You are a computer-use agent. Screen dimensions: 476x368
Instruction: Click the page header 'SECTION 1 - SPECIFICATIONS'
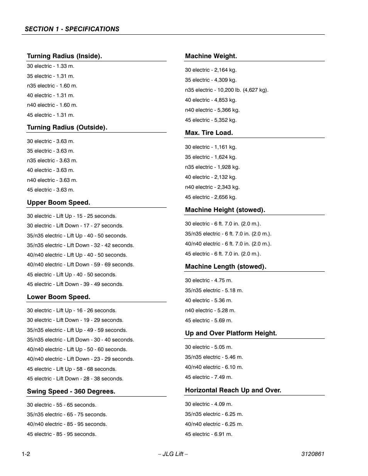pos(72,29)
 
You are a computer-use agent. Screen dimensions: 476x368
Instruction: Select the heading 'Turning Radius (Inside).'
pos(64,56)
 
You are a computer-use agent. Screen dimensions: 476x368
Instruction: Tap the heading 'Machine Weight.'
pos(211,56)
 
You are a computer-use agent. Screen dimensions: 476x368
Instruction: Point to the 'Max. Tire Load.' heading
pos(209,133)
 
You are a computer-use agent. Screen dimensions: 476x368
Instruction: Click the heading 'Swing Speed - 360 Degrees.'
pos(71,391)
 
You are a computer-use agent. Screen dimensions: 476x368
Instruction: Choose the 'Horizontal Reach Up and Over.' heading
pos(233,390)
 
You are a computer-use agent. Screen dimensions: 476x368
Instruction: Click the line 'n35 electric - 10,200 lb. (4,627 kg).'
pos(226,90)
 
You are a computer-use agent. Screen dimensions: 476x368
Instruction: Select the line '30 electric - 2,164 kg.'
pos(211,70)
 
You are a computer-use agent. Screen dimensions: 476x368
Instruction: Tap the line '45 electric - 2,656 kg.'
pos(211,197)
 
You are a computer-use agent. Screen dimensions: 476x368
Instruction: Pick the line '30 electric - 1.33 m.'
pos(51,66)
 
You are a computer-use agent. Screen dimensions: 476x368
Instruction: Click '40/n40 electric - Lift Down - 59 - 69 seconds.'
pos(80,264)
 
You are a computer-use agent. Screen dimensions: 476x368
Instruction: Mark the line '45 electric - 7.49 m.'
pos(208,377)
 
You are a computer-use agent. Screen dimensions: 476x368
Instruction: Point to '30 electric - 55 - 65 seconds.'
pos(62,405)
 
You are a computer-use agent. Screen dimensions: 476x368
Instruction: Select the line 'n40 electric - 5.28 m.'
pos(210,310)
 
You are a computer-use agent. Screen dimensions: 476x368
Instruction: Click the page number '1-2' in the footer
pos(26,454)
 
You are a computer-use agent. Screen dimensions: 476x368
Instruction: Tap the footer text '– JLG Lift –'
pos(173,454)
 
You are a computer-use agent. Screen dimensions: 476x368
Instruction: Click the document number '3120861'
pos(312,454)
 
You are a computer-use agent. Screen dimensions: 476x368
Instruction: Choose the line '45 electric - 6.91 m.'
pos(208,434)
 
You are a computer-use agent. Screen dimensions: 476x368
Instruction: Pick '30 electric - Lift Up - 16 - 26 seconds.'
pos(72,310)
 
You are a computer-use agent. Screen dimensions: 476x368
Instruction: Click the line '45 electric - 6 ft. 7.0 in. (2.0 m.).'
pos(223,254)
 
